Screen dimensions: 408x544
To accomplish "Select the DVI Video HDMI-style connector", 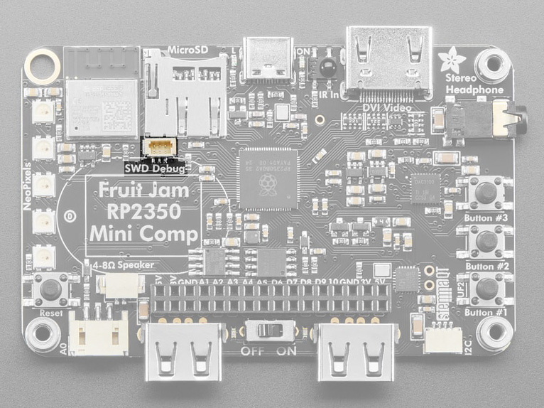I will (x=388, y=63).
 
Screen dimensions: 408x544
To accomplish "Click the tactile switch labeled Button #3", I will (x=486, y=192).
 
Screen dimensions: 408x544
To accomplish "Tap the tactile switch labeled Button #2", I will (x=486, y=241).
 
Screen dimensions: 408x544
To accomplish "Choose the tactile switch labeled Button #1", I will (x=486, y=288).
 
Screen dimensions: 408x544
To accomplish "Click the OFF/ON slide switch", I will (x=266, y=331).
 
